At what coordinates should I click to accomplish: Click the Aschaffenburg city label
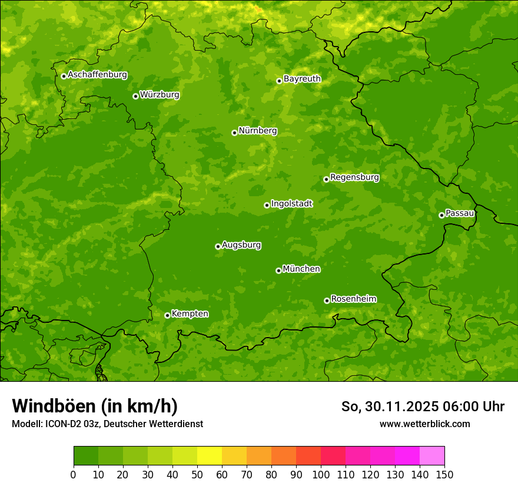(97, 75)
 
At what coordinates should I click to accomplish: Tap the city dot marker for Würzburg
(135, 96)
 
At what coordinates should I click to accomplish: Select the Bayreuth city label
(302, 78)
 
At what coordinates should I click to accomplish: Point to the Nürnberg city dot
(234, 133)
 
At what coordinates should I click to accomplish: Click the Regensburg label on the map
(354, 177)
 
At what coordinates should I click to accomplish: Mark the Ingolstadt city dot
(267, 205)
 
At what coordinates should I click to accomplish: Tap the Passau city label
(460, 213)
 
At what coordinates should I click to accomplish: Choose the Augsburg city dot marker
(218, 246)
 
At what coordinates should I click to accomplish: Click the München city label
(301, 269)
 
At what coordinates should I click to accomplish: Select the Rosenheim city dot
(327, 300)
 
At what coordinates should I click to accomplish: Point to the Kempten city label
(190, 313)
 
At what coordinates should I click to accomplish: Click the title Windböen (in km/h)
(95, 406)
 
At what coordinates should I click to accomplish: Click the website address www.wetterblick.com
(424, 424)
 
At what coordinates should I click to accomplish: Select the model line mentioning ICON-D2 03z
(107, 424)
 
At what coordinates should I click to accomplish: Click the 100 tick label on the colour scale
(321, 474)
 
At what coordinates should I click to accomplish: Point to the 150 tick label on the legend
(444, 474)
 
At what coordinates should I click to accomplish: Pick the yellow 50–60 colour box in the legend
(210, 456)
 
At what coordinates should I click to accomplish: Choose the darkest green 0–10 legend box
(86, 456)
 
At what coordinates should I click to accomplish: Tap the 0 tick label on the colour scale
(74, 474)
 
